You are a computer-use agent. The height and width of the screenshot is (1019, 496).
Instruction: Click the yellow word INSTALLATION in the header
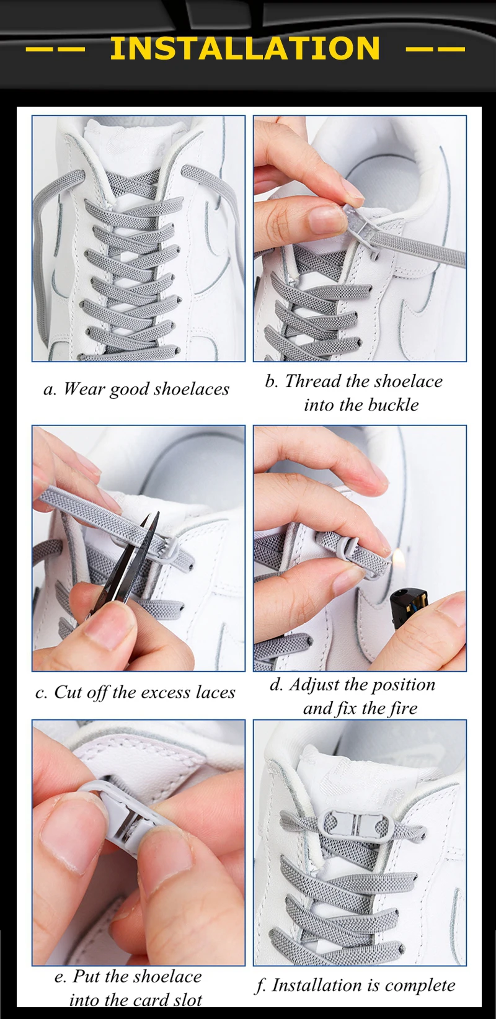pyautogui.click(x=245, y=48)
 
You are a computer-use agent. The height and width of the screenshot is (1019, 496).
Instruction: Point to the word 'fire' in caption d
pyautogui.click(x=403, y=708)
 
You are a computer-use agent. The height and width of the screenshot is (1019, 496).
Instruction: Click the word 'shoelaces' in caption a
pyautogui.click(x=192, y=389)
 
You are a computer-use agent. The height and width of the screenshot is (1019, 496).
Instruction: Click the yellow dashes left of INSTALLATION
pyautogui.click(x=55, y=48)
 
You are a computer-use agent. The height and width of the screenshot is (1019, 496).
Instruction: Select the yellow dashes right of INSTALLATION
pyautogui.click(x=435, y=48)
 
